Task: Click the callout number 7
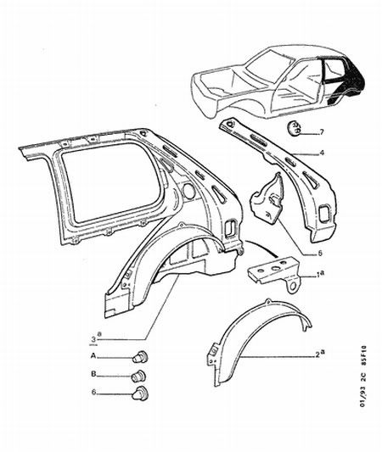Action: (322, 132)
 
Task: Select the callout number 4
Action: (322, 152)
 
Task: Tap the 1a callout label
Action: (320, 275)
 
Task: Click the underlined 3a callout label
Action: (96, 338)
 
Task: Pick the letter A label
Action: (93, 356)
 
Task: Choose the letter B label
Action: (93, 374)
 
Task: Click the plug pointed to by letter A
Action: (140, 358)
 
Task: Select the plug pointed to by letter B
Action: (138, 376)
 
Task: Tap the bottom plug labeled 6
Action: (139, 393)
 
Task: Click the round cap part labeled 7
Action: (294, 128)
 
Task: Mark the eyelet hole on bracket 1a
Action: (294, 286)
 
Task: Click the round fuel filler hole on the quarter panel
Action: (189, 191)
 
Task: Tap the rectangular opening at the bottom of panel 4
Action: (324, 214)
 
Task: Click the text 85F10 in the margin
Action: (364, 355)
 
